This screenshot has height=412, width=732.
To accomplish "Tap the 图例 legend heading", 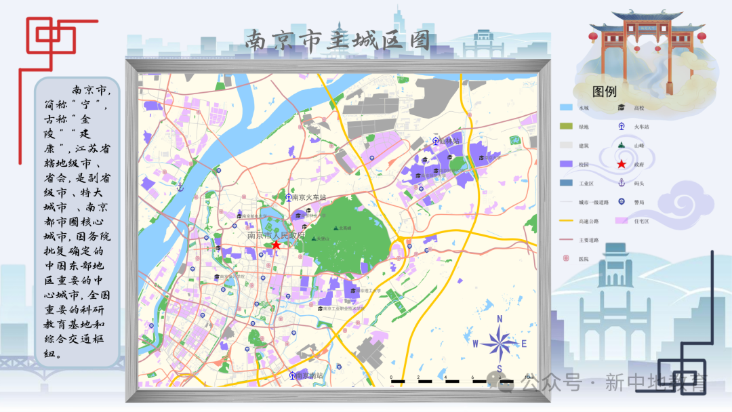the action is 604,91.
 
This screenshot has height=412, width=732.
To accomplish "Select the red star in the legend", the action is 621,164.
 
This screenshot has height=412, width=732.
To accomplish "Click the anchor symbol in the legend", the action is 621,182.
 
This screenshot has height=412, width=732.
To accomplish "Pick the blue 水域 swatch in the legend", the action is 566,108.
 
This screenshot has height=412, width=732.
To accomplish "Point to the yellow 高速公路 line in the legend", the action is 566,220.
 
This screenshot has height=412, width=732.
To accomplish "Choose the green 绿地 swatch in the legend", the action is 566,126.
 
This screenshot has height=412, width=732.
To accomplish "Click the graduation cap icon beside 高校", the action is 621,107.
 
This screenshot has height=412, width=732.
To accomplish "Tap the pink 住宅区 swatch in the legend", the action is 621,220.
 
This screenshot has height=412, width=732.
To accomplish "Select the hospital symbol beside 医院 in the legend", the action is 566,258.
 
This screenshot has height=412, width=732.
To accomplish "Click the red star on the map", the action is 276,245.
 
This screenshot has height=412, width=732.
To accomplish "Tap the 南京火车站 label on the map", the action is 309,198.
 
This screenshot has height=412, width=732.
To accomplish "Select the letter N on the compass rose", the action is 500,318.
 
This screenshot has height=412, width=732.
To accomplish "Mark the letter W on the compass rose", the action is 476,344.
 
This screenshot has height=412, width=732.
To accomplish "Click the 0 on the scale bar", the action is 391,377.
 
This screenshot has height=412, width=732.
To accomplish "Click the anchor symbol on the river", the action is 180,187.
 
